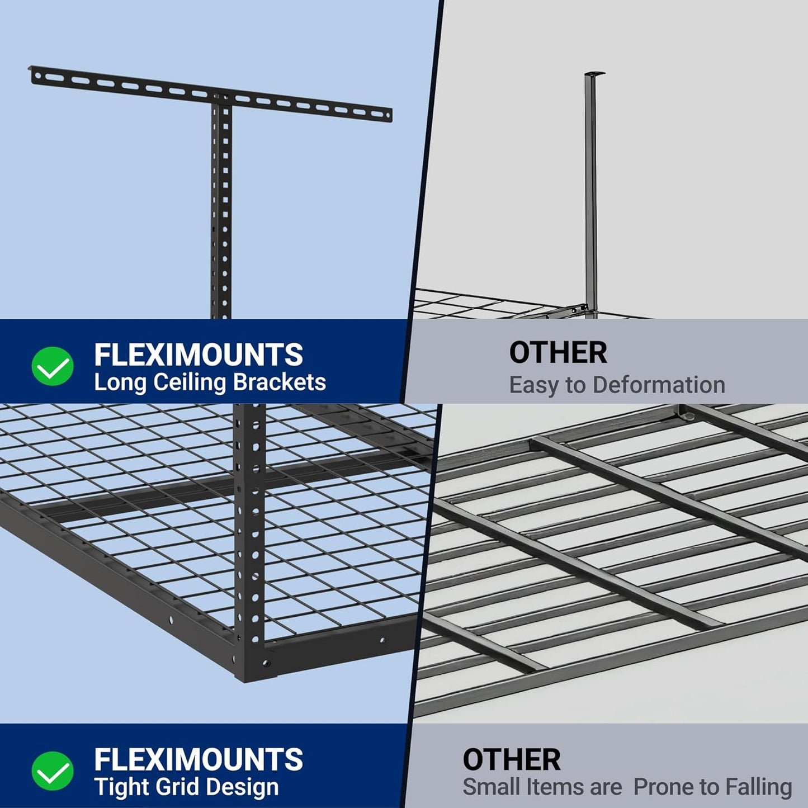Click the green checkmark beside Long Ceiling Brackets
(x=52, y=366)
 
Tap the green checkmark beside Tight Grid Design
(x=52, y=771)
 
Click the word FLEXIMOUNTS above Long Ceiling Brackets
(x=199, y=355)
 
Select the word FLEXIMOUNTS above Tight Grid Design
(x=199, y=759)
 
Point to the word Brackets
(x=279, y=382)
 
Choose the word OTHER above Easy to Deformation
(x=557, y=353)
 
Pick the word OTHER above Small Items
(x=511, y=760)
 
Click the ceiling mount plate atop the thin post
(x=595, y=74)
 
